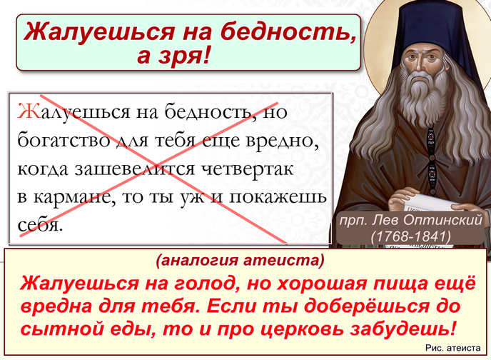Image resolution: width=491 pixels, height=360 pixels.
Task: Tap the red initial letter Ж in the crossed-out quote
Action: (29, 111)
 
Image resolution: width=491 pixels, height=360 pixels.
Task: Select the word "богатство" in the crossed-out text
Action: (64, 140)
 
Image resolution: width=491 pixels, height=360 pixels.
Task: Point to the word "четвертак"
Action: (248, 169)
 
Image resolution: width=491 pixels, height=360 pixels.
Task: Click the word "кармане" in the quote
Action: (74, 198)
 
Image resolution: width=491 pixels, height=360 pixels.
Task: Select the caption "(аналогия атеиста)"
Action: (240, 260)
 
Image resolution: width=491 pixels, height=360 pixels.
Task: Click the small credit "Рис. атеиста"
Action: (452, 348)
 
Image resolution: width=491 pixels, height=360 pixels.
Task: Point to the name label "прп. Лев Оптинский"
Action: (410, 220)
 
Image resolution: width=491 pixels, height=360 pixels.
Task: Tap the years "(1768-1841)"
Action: (410, 236)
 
